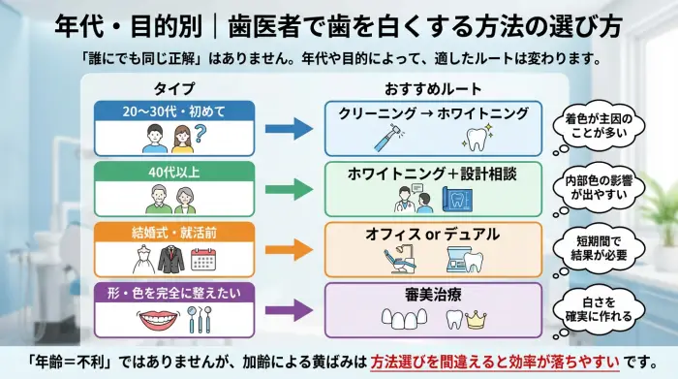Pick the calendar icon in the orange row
click(x=203, y=259)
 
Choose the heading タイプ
click(x=174, y=88)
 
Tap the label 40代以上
click(x=174, y=172)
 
